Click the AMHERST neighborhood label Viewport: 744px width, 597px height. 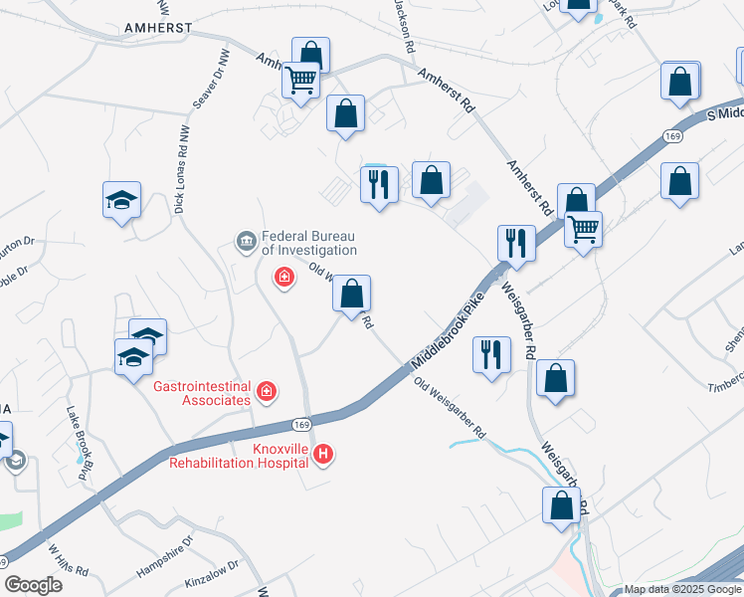click(158, 29)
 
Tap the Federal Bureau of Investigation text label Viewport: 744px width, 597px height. click(308, 243)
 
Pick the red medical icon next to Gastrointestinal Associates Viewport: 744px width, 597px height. click(266, 392)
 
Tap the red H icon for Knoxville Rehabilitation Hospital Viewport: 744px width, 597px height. click(323, 455)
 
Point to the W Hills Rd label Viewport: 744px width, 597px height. click(68, 560)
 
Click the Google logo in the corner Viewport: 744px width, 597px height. click(33, 585)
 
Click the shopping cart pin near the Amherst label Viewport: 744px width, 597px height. click(300, 81)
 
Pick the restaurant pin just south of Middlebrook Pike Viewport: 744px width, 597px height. click(491, 355)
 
